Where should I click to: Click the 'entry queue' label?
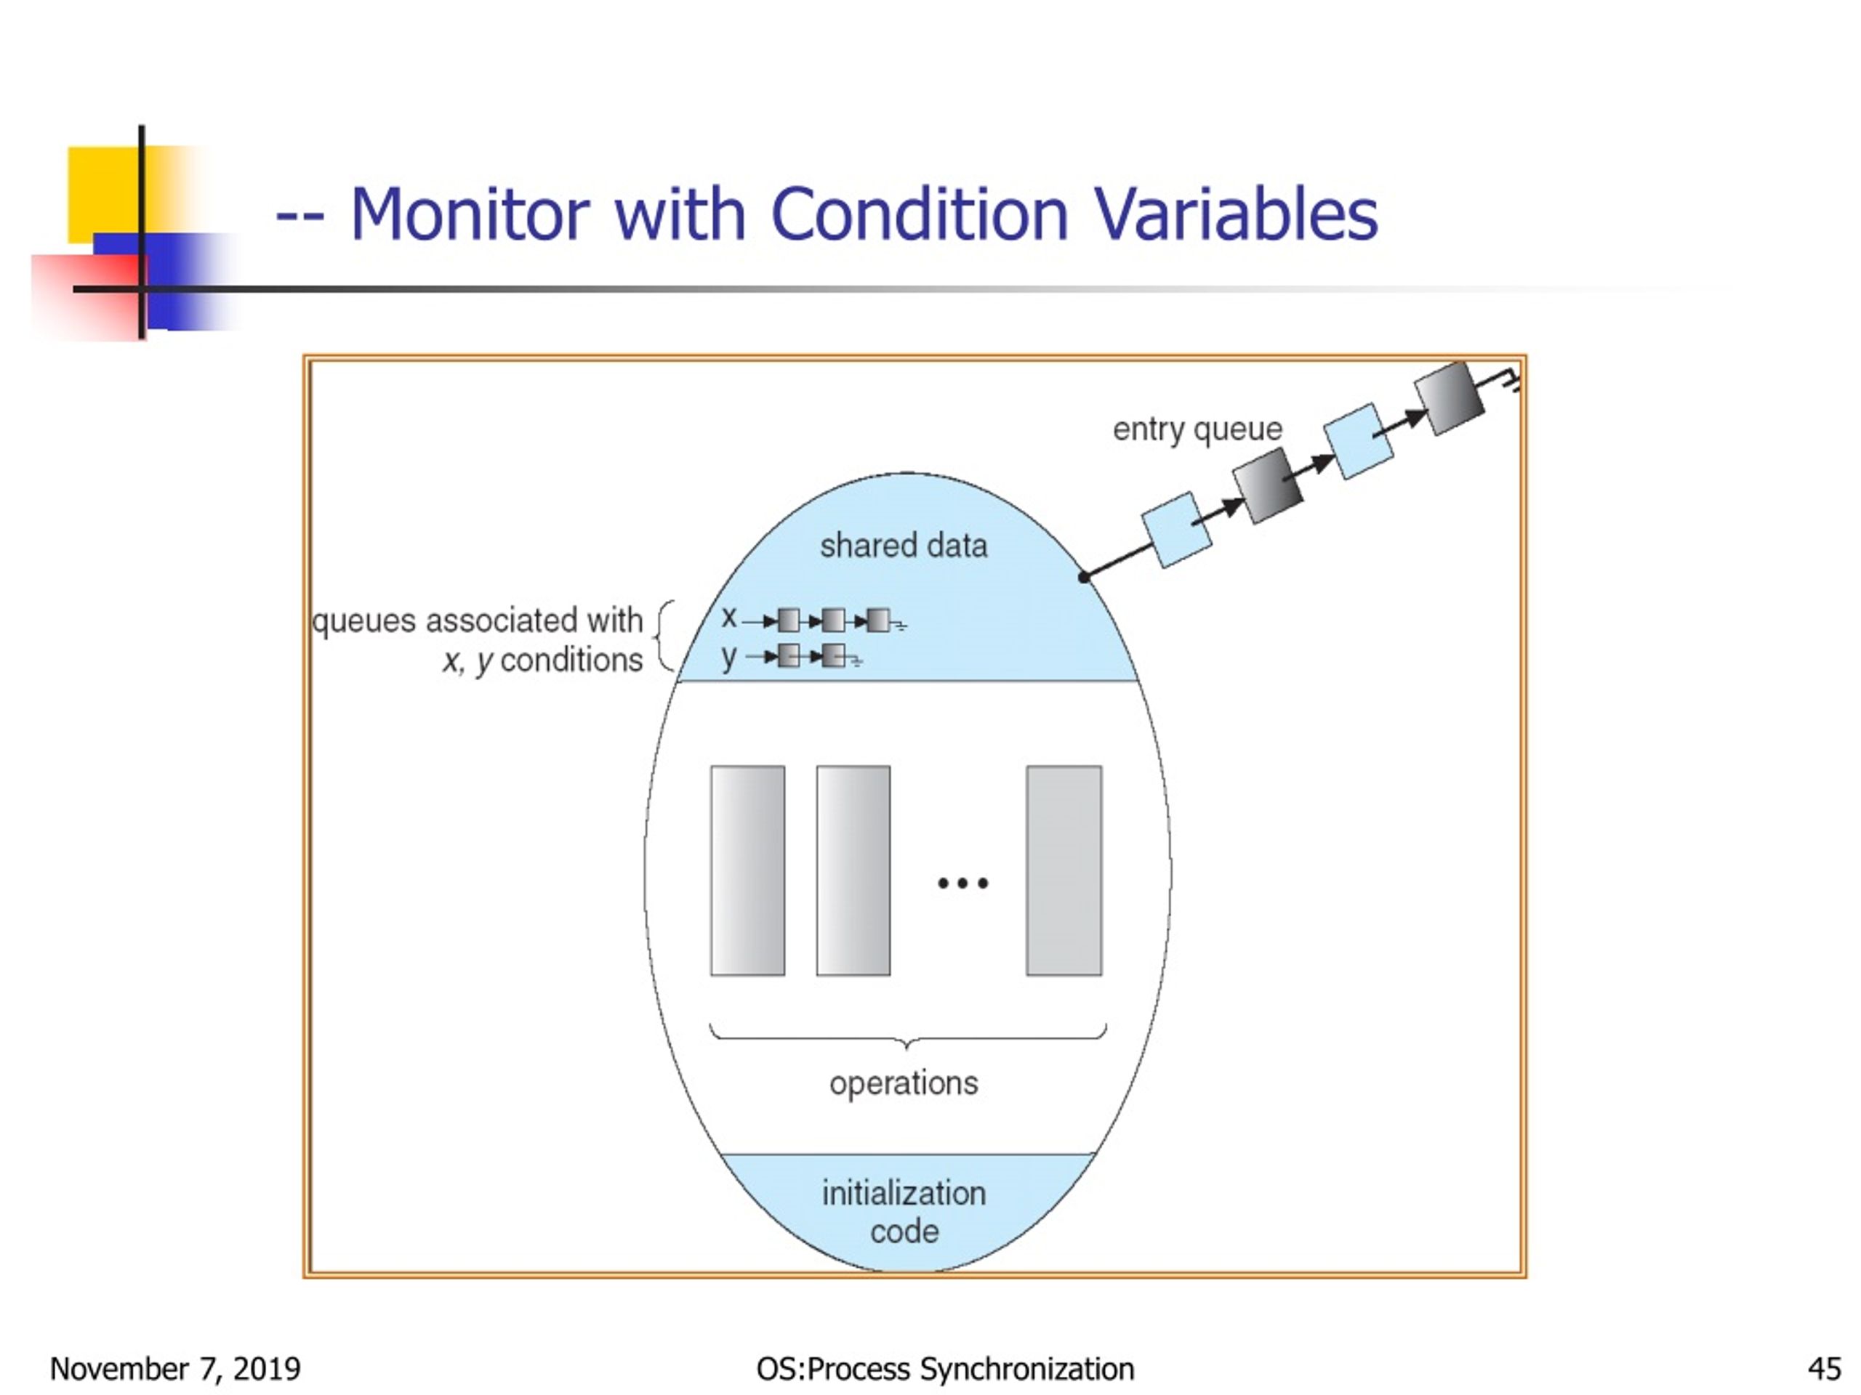tap(1197, 429)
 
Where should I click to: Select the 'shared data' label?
tap(903, 546)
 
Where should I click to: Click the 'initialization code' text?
tap(904, 1212)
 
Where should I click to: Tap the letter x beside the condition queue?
tap(728, 618)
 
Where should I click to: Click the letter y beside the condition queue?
tap(728, 656)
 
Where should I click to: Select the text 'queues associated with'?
tap(477, 620)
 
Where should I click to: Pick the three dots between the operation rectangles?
tap(962, 883)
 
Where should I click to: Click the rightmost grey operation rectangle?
tap(1064, 870)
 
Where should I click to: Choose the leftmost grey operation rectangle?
tap(747, 870)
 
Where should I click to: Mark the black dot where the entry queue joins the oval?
tap(1084, 577)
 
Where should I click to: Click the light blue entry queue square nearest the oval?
tap(1175, 530)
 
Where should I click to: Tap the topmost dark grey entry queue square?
tap(1448, 399)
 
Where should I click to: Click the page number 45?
tap(1823, 1369)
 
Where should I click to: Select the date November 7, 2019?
tap(175, 1369)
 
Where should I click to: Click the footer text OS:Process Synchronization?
tap(945, 1369)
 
